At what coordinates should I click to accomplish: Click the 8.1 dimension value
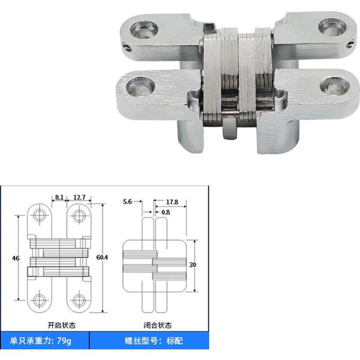(59, 197)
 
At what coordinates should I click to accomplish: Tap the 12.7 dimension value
(79, 197)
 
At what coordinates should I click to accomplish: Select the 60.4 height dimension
(102, 257)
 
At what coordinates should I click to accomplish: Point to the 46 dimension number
(16, 258)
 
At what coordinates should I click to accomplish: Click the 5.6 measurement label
(127, 202)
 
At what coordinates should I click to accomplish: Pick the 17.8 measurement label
(172, 202)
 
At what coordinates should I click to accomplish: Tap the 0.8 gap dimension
(166, 212)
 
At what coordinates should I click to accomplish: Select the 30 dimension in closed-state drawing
(192, 265)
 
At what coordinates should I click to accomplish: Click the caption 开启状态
(62, 325)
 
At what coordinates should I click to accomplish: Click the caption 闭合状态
(157, 325)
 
